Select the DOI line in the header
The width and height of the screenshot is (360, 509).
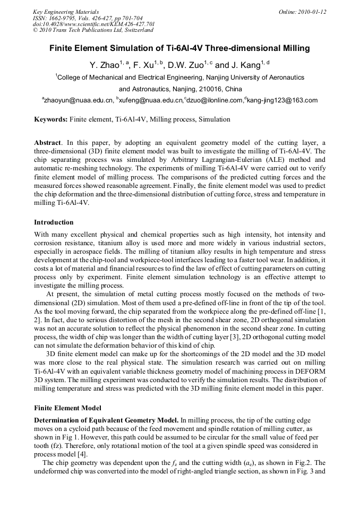coord(93,24)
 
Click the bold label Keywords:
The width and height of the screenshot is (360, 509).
coord(51,119)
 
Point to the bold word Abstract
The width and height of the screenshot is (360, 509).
coord(47,143)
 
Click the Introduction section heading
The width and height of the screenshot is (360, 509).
coord(54,222)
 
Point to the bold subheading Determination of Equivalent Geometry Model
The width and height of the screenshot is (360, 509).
coord(106,420)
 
